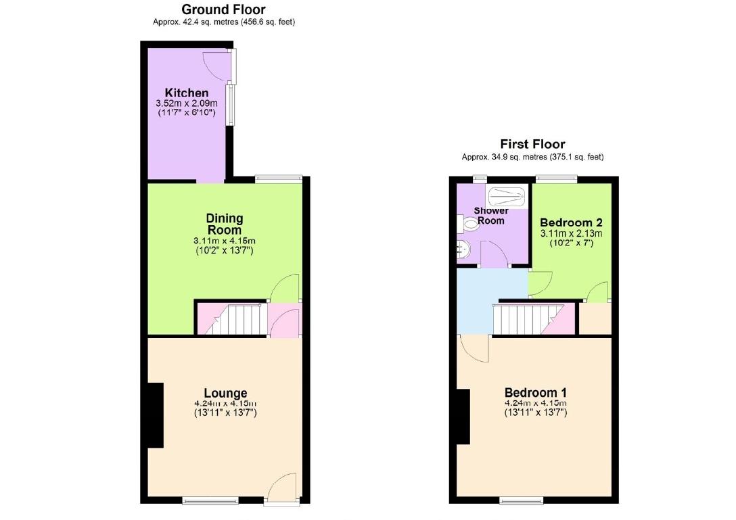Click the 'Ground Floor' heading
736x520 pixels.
click(x=223, y=9)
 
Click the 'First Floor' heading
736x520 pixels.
click(x=532, y=144)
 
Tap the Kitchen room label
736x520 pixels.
click(x=187, y=93)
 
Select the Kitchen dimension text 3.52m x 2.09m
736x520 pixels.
click(x=187, y=103)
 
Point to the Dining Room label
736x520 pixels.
click(x=225, y=224)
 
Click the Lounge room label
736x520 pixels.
click(x=225, y=393)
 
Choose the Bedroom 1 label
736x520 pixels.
click(x=536, y=393)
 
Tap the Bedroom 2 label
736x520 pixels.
click(x=571, y=222)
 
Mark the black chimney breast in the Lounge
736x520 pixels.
click(x=156, y=415)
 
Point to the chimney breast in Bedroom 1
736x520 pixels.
click(x=463, y=417)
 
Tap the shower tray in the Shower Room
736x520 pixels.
click(x=507, y=197)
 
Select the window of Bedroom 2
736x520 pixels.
click(x=557, y=179)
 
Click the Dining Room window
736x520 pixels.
click(x=278, y=179)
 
